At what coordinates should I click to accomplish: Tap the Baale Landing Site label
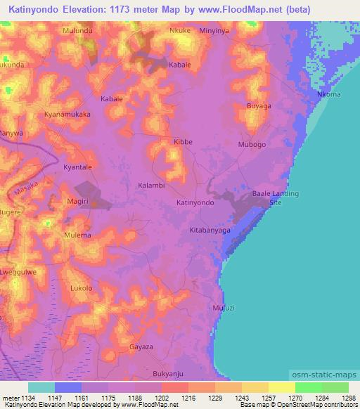coord(276,197)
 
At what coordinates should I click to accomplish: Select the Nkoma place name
coord(329,94)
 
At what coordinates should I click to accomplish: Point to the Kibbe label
coord(183,142)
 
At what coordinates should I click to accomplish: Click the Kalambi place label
coord(151,186)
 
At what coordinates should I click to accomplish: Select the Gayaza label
coord(141,347)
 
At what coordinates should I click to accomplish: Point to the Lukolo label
coord(82,288)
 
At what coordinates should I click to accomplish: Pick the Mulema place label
coord(77,235)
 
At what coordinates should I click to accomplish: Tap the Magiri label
coord(77,202)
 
